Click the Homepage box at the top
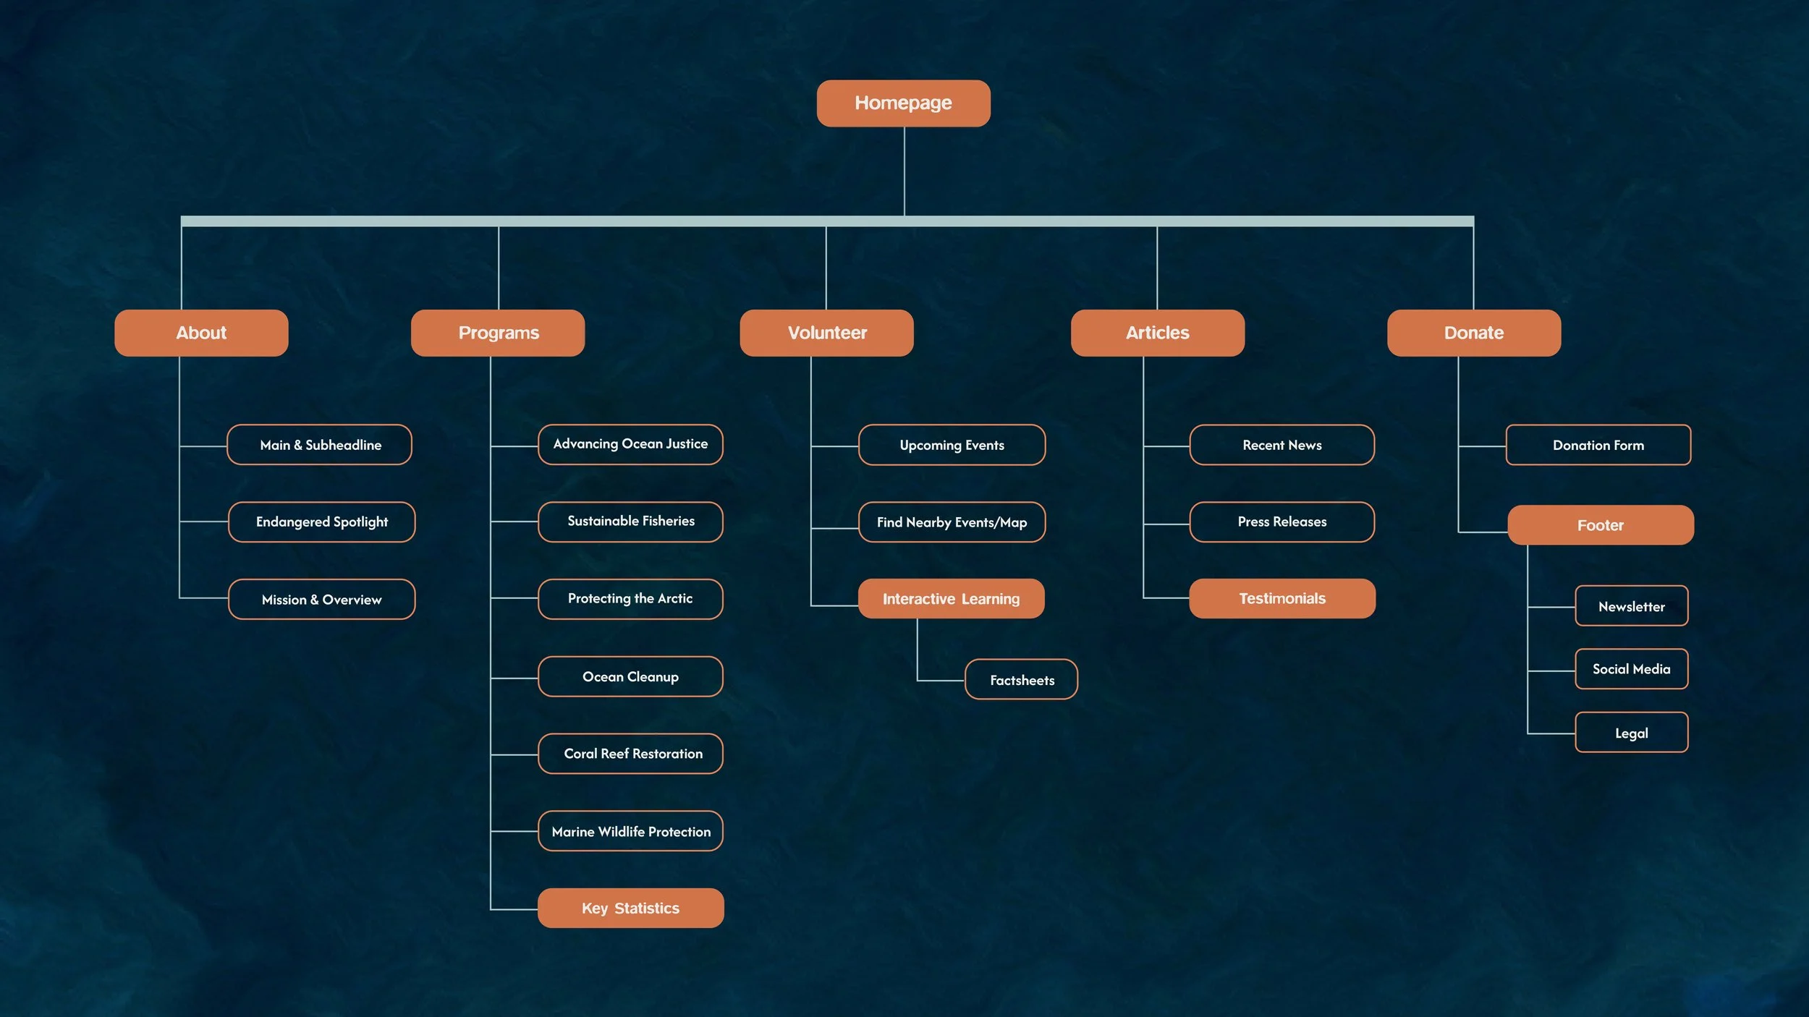click(903, 103)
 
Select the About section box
click(201, 333)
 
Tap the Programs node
click(498, 333)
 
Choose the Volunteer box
click(826, 333)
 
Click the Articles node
click(1158, 333)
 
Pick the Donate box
click(1474, 333)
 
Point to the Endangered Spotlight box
click(322, 522)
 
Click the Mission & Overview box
click(322, 599)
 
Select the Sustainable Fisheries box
click(630, 522)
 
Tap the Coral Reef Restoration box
click(630, 754)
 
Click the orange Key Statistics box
click(630, 908)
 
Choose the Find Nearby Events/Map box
click(952, 522)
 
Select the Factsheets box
click(1021, 679)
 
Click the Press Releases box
click(1282, 522)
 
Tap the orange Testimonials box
click(1282, 598)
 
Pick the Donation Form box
click(1598, 445)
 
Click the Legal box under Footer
click(1632, 732)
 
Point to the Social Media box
click(1632, 669)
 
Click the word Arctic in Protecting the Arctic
click(674, 598)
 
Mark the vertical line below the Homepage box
click(904, 171)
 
